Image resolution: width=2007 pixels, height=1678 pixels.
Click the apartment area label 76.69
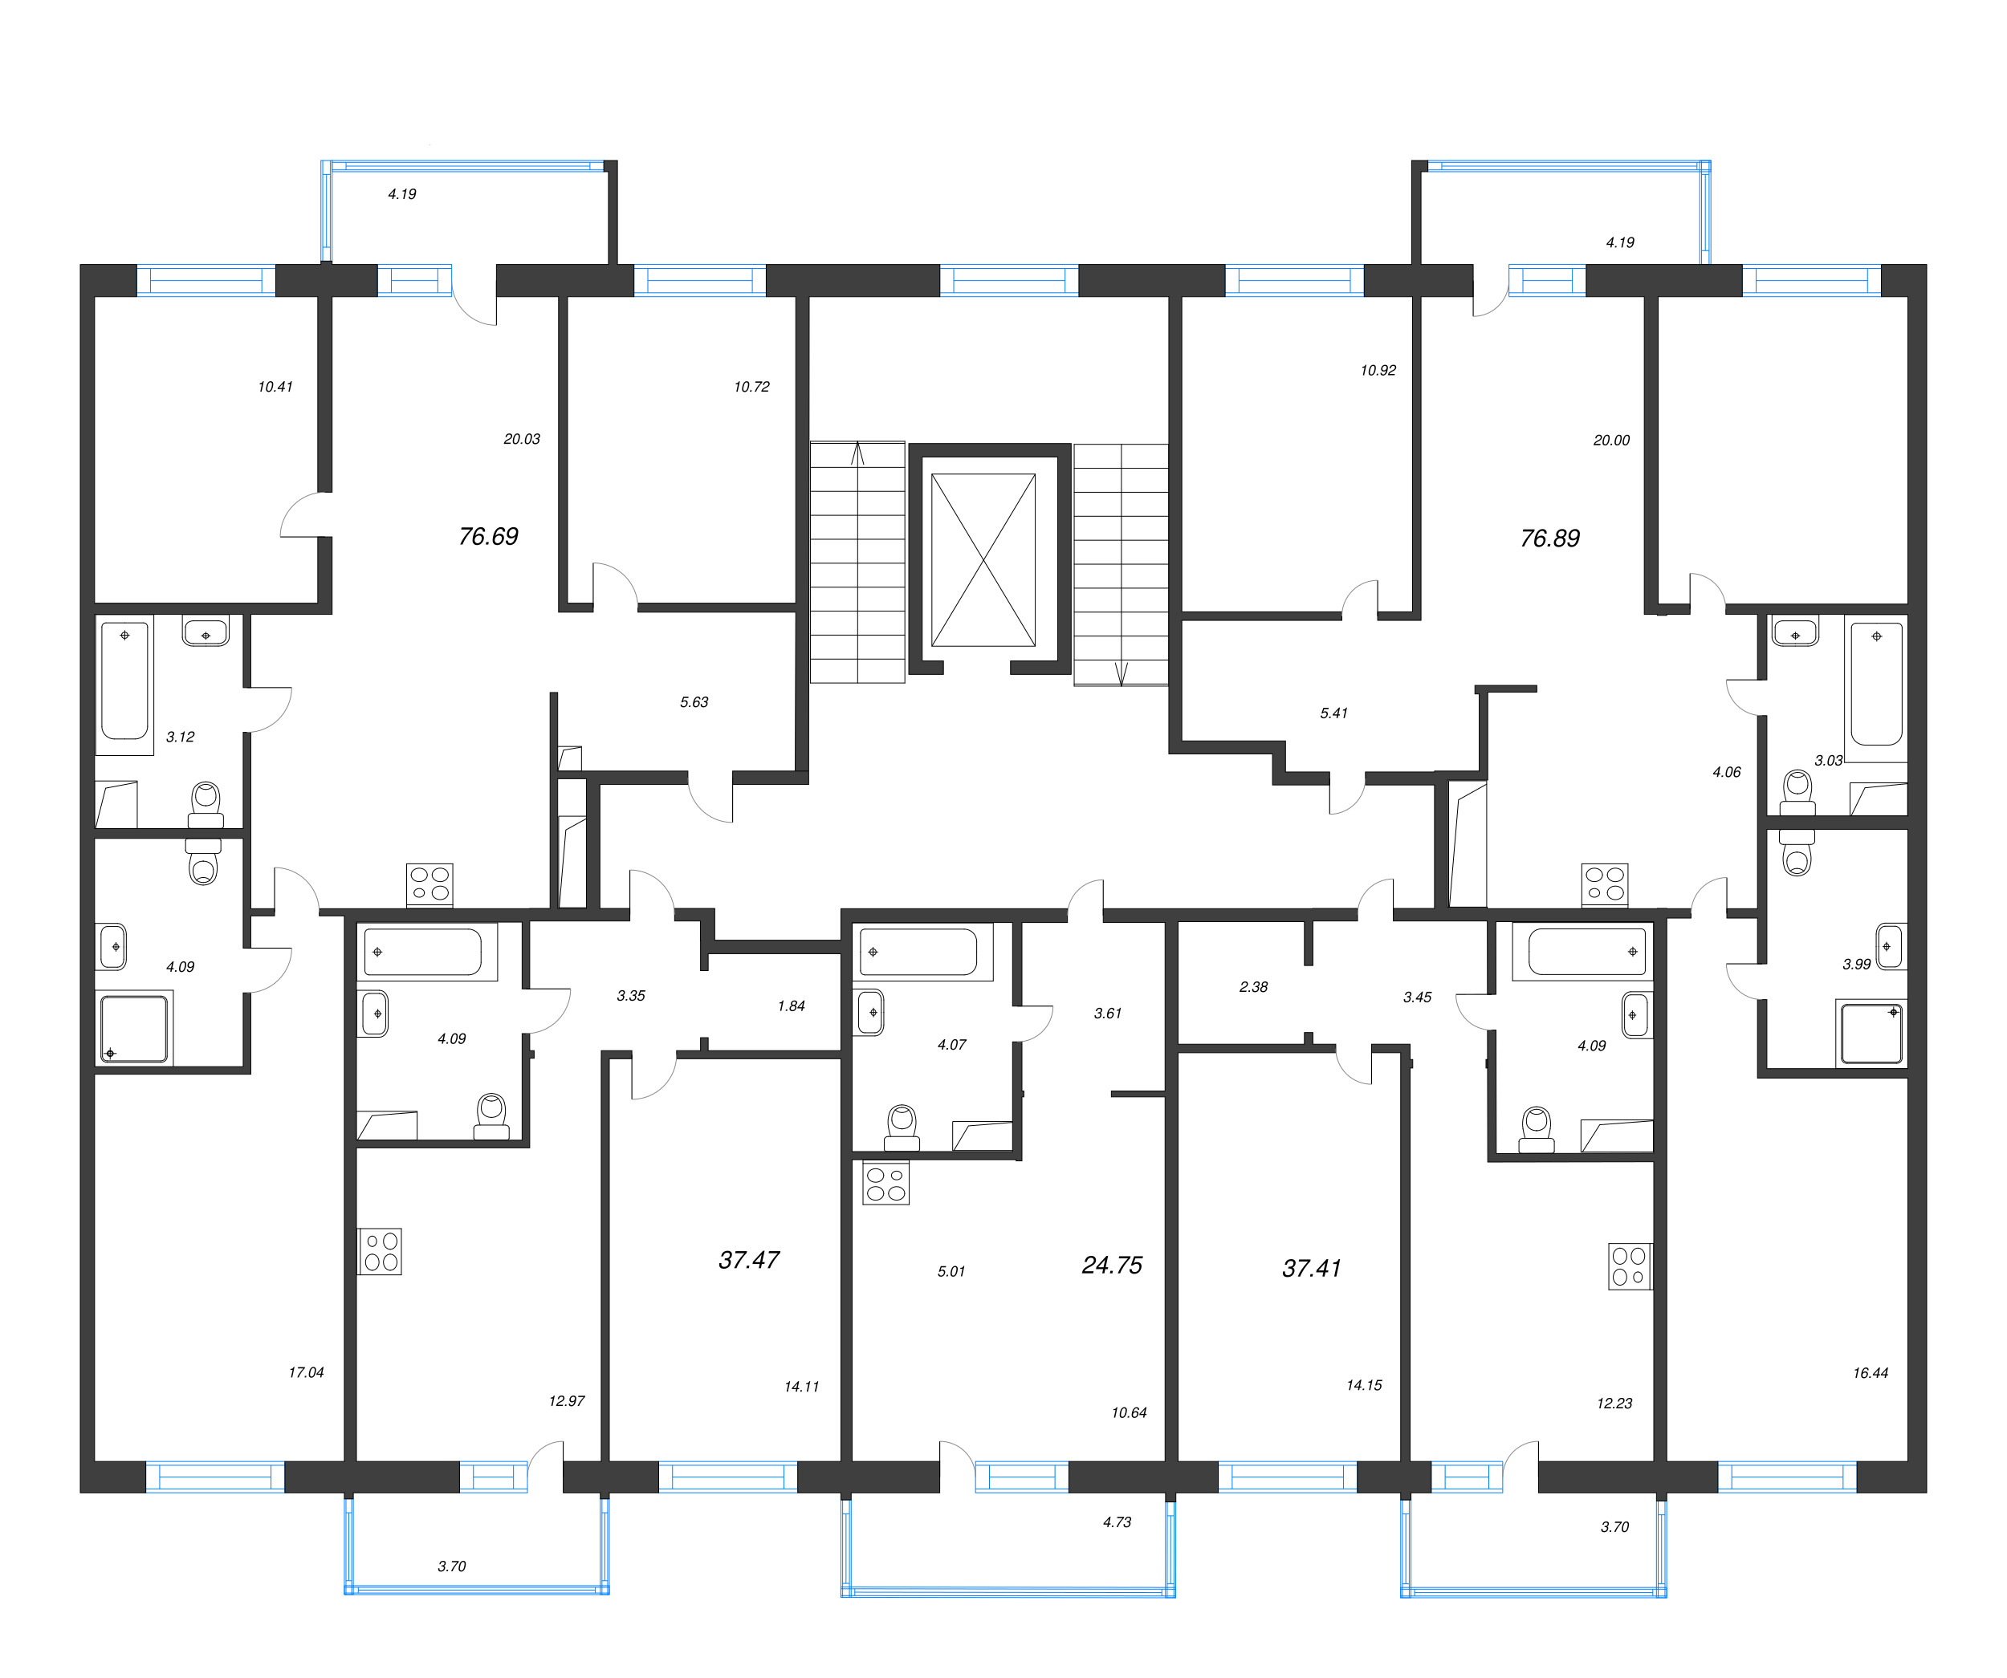[x=488, y=536]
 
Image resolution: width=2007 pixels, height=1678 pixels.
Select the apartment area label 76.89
[x=1549, y=538]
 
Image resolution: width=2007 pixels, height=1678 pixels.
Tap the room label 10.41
[x=275, y=387]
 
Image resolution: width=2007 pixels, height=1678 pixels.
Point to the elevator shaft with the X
[x=983, y=560]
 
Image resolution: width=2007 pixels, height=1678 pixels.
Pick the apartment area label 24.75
[x=1112, y=1264]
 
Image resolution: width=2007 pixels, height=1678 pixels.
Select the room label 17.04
[x=306, y=1372]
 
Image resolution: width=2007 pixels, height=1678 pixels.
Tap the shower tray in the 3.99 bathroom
[x=1871, y=1033]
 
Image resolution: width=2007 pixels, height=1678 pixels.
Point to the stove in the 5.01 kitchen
[x=885, y=1183]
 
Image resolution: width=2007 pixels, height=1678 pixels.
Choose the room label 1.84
[x=792, y=1006]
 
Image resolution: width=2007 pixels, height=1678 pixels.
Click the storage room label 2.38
[x=1253, y=987]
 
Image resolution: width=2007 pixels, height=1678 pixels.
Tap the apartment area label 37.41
[x=1311, y=1268]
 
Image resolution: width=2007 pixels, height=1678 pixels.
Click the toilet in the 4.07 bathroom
[x=902, y=1127]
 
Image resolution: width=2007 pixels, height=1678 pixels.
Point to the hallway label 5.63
[x=694, y=702]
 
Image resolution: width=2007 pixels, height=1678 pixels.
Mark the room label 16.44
[x=1871, y=1373]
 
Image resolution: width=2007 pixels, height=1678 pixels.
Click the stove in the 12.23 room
[x=1629, y=1266]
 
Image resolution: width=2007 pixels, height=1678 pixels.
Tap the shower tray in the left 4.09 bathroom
[x=134, y=1029]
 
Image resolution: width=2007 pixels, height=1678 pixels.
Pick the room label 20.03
[x=522, y=440]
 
